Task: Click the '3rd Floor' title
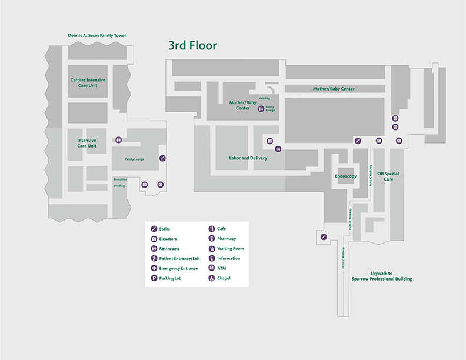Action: tap(192, 45)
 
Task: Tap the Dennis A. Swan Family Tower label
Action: tap(97, 36)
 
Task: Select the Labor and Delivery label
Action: tap(248, 158)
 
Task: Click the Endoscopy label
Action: tap(346, 176)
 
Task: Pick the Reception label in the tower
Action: tap(120, 179)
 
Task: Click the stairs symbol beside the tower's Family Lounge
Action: tap(163, 158)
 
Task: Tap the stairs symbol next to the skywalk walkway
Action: tap(324, 236)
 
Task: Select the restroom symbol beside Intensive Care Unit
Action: tap(119, 140)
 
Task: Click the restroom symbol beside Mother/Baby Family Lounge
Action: tap(261, 108)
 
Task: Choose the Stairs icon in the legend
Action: tap(154, 229)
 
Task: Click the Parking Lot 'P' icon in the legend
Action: tap(154, 278)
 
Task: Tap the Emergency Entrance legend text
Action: tap(178, 268)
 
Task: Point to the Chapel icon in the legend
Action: tap(212, 278)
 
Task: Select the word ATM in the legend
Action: tap(221, 268)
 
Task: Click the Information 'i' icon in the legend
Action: tap(212, 258)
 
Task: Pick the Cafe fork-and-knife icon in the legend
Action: tap(212, 229)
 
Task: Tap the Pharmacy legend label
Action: tap(227, 239)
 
